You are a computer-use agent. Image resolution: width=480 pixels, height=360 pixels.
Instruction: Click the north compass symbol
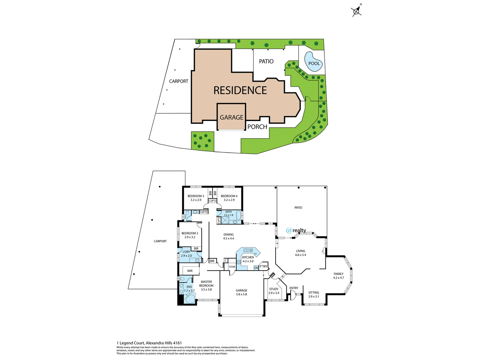click(x=357, y=11)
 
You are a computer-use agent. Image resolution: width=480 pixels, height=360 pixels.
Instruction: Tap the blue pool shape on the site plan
click(x=313, y=62)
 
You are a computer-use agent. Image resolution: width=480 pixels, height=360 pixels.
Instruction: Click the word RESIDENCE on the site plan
click(x=240, y=90)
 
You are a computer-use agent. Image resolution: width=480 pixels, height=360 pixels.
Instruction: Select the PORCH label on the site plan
click(x=257, y=127)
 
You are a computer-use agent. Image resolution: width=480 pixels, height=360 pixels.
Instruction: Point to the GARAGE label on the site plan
click(x=231, y=117)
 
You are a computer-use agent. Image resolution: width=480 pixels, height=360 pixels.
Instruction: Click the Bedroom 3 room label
click(x=196, y=198)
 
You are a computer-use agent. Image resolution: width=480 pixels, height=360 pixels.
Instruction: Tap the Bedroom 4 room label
click(x=229, y=198)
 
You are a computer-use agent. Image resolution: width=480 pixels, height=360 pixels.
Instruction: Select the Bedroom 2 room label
click(x=190, y=235)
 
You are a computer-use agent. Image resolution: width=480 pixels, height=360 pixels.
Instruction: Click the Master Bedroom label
click(x=206, y=286)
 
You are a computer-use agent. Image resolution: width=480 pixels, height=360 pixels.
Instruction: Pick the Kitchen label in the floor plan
click(x=248, y=259)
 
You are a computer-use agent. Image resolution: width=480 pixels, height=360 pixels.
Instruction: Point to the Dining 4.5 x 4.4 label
click(x=228, y=236)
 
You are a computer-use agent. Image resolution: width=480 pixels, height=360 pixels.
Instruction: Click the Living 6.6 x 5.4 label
click(x=300, y=253)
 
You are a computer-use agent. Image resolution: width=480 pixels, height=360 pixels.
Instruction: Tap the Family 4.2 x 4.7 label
click(x=338, y=276)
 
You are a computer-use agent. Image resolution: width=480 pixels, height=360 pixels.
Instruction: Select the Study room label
click(x=274, y=291)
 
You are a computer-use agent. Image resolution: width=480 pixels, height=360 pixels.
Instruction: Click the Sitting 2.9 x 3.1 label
click(x=313, y=294)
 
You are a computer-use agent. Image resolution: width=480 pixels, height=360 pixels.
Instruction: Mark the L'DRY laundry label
click(x=186, y=254)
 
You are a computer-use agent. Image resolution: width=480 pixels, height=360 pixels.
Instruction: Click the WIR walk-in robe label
click(x=190, y=271)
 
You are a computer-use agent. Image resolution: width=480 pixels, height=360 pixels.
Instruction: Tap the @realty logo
click(x=296, y=230)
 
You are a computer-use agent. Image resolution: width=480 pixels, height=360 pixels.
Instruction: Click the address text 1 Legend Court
click(x=149, y=343)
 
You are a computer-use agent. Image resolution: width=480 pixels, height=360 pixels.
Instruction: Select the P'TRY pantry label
click(x=263, y=266)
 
